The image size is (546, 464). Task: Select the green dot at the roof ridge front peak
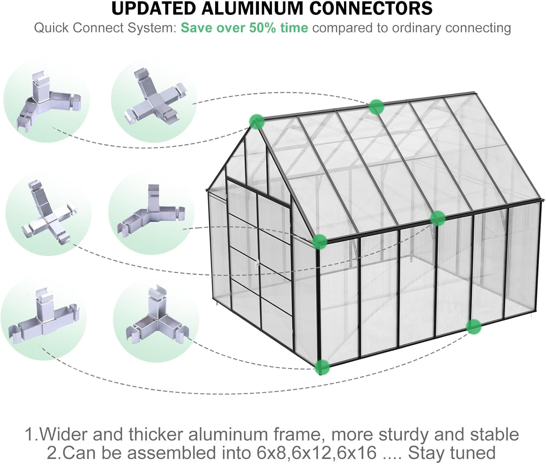point(257,121)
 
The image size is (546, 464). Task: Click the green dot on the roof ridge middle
point(376,107)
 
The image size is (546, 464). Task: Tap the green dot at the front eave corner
point(319,242)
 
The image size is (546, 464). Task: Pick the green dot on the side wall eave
point(438,218)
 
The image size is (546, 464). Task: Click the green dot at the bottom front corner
point(322,367)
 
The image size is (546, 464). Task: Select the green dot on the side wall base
point(474,326)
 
